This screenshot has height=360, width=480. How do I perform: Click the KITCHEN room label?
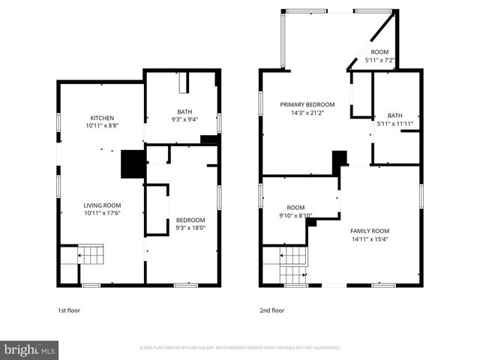coord(102,118)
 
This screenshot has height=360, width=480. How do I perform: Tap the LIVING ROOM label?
coord(102,205)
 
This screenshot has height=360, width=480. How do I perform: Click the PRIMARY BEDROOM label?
coord(307,104)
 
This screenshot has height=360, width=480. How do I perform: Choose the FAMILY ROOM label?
coord(370,231)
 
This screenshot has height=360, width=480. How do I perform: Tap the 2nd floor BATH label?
coord(394,115)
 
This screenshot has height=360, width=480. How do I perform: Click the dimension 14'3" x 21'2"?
coord(307,113)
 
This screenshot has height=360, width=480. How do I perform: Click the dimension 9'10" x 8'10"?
coord(295,216)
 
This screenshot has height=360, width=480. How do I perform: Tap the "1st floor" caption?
coord(69,310)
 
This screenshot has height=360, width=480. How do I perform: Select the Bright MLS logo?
coord(30,349)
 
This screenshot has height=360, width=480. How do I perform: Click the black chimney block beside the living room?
coord(133,163)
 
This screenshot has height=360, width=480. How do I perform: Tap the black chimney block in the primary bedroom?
coord(340,159)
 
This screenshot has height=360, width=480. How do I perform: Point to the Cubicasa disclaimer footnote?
coord(240,348)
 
